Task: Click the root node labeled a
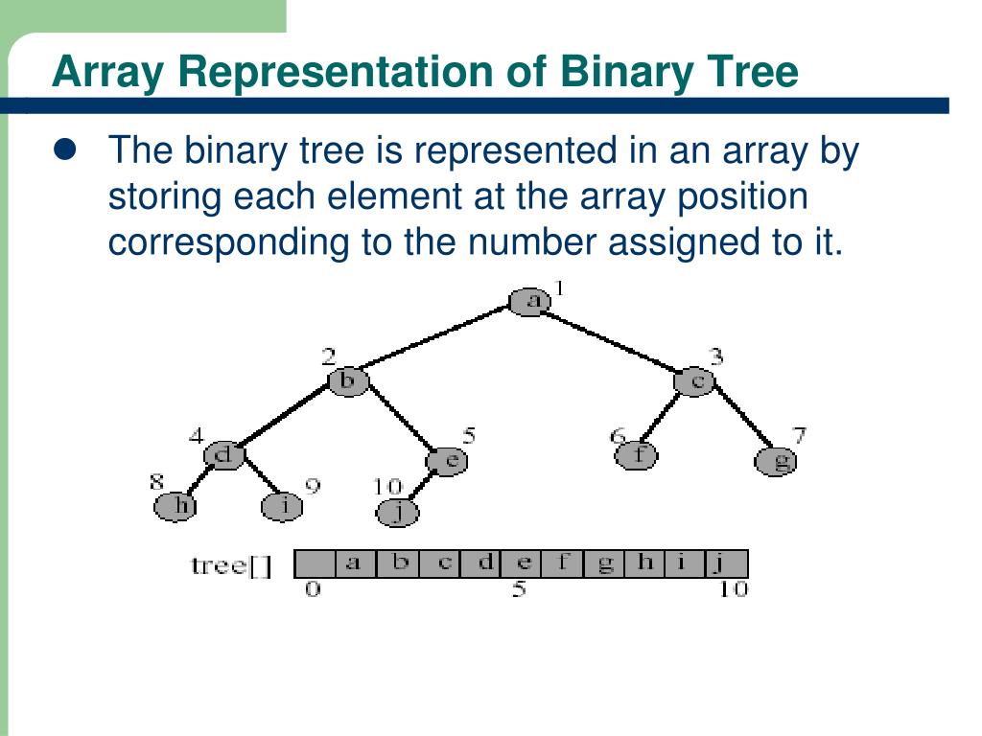pos(529,302)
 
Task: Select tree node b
pos(348,381)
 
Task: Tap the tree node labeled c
pos(695,381)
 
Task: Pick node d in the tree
pos(224,454)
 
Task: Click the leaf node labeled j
pos(399,513)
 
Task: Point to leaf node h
pos(175,505)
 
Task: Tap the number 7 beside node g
pos(799,436)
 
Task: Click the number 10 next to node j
pos(386,487)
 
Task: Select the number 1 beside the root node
pos(561,288)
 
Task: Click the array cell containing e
pos(523,563)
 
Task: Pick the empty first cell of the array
pos(315,563)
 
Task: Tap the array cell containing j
pos(727,563)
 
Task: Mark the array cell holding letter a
pos(355,563)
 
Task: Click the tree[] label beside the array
pos(231,565)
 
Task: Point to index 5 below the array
pos(519,589)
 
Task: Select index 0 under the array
pos(313,589)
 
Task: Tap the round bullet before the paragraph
pos(65,150)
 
